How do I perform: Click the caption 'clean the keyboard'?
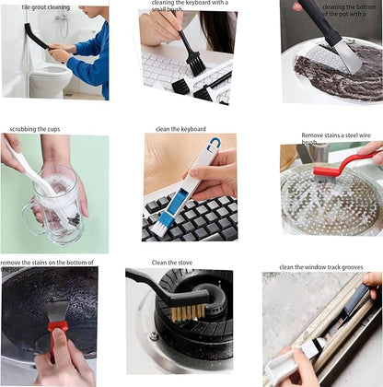pyautogui.click(x=180, y=129)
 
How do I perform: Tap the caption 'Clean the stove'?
pyautogui.click(x=172, y=264)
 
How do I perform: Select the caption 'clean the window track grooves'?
pyautogui.click(x=323, y=267)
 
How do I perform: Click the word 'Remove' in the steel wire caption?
pyautogui.click(x=314, y=135)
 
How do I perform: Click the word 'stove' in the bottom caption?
pyautogui.click(x=183, y=264)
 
